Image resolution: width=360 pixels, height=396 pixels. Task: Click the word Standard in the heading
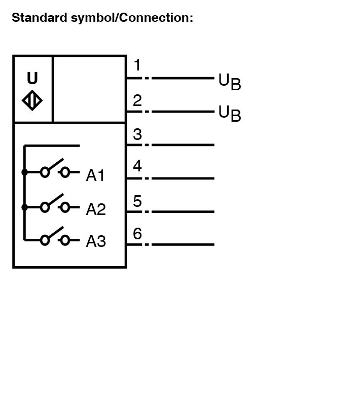pos(39,18)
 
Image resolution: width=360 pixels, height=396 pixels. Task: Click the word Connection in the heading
pos(155,18)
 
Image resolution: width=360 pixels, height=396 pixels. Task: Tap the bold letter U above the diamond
pos(32,78)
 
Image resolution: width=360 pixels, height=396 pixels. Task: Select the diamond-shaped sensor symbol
pos(32,100)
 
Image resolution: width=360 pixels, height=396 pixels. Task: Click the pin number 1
pos(137,65)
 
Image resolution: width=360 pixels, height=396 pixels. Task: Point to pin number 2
pos(137,100)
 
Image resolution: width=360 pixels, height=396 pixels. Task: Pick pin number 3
pos(137,134)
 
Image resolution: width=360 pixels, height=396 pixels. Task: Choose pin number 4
pos(137,166)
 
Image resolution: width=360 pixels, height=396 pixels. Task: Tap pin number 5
pos(137,201)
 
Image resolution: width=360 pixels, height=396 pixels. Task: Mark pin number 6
pos(137,233)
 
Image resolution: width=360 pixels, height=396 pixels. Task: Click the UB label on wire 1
pos(230,82)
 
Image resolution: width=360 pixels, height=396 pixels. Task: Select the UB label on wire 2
pos(230,114)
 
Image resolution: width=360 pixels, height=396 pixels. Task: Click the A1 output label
pos(95,175)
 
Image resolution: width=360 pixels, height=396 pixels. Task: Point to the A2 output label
pos(96,209)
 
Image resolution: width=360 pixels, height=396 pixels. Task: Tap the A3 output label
pos(96,241)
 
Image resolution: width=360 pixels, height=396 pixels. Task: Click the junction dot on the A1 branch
pos(24,172)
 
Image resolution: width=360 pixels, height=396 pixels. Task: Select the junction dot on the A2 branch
pos(24,207)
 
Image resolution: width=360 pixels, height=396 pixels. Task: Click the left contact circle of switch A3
pos(45,240)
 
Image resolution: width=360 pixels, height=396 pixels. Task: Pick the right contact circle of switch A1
pos(65,172)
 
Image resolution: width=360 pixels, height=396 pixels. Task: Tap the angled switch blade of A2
pos(56,199)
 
